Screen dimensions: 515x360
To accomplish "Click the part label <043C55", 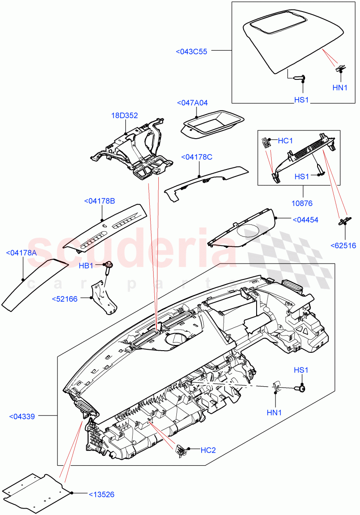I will [191, 51].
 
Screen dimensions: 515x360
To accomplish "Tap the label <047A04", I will [192, 103].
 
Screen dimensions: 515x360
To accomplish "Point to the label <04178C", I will [197, 157].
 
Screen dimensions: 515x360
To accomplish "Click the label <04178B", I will [100, 201].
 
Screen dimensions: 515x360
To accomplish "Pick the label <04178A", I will [21, 253].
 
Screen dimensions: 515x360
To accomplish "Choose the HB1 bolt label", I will [86, 266].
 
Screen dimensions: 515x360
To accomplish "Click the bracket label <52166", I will [64, 299].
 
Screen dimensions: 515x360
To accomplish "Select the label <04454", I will [306, 220].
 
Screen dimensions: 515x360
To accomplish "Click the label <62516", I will [343, 245].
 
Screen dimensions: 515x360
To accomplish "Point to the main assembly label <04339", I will [22, 416].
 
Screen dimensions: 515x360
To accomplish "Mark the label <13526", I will [102, 495].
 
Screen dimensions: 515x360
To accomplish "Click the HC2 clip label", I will [208, 450].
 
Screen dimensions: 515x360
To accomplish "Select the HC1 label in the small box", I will [285, 140].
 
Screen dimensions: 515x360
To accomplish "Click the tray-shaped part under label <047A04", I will [212, 126].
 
